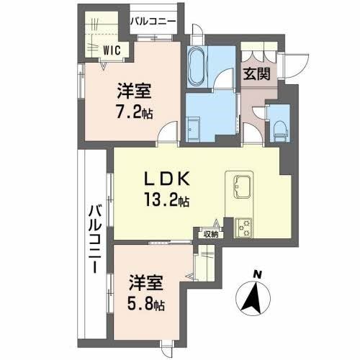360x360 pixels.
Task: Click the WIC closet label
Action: click(111, 50)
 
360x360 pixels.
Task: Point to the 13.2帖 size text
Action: click(169, 202)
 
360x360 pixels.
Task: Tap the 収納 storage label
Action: click(210, 233)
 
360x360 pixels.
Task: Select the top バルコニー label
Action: click(153, 22)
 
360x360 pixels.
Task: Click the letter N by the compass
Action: click(258, 273)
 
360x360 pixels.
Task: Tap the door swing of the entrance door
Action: click(291, 66)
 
